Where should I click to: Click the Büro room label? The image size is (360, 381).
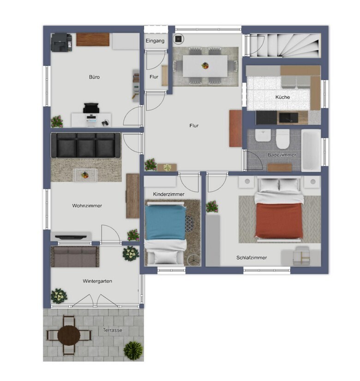coord(94,77)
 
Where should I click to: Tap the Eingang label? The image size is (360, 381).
coord(155,41)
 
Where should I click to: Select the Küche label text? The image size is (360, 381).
coord(282,97)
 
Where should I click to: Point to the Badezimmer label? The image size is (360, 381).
coord(282,155)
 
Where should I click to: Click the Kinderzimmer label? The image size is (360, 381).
coord(169,194)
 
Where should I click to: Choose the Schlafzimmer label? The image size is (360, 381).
coord(252,257)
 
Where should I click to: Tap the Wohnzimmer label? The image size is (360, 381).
coord(87,206)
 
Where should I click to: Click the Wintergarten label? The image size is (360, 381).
coord(97,281)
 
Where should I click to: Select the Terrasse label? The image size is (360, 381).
coord(112,330)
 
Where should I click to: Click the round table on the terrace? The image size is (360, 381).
coord(69,335)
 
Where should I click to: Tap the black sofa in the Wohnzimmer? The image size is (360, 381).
coord(86,145)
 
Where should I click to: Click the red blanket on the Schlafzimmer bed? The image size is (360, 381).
coord(279,220)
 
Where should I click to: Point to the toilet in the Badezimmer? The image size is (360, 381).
coord(283,138)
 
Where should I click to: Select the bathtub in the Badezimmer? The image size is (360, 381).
coord(311,150)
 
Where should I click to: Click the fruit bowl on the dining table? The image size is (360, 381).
coord(205,65)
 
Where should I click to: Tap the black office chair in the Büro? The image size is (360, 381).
coord(91,108)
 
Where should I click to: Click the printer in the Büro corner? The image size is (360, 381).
coord(61,42)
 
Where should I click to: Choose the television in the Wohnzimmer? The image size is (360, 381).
coord(71,237)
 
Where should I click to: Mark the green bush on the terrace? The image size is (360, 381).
coord(133,351)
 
